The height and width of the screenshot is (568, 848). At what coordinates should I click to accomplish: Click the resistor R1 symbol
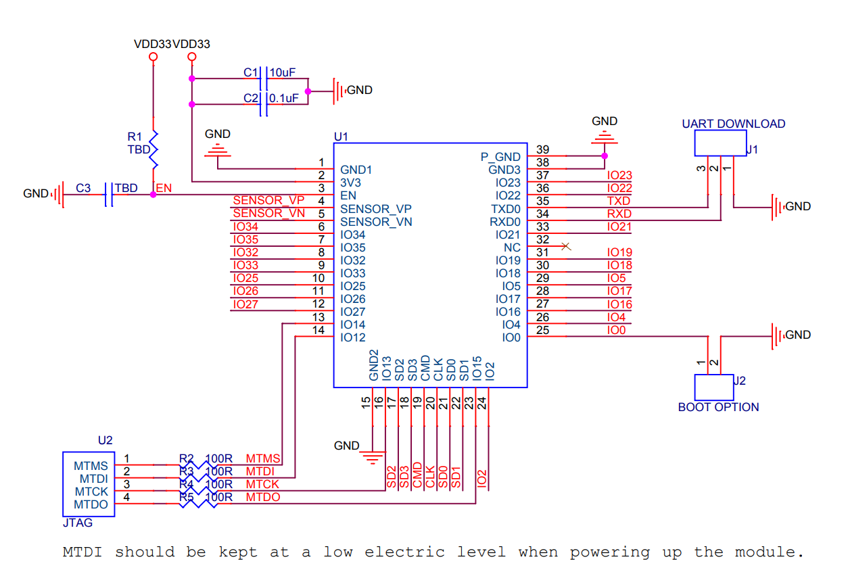click(x=154, y=149)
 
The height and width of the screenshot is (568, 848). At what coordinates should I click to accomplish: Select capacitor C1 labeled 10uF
click(x=264, y=78)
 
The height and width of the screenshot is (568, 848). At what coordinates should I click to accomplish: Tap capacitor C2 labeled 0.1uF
click(x=264, y=104)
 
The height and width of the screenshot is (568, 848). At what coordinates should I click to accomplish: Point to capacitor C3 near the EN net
click(x=108, y=195)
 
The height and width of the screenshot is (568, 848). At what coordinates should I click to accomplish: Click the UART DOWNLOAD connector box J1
click(x=720, y=143)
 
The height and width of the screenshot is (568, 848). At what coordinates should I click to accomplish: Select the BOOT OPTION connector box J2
click(x=714, y=387)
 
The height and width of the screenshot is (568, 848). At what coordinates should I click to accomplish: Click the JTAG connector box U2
click(x=89, y=484)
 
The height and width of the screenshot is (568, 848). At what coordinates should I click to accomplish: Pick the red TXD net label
click(x=618, y=202)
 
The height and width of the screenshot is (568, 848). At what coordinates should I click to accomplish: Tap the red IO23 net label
click(x=619, y=176)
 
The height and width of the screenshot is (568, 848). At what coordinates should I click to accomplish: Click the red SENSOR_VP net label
click(x=268, y=201)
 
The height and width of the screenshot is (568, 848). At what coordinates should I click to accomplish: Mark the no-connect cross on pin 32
click(x=567, y=247)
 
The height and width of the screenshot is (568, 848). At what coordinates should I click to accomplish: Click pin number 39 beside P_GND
click(x=542, y=149)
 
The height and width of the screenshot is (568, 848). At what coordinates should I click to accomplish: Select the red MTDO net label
click(x=262, y=498)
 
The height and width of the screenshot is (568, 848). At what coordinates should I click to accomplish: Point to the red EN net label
click(x=164, y=188)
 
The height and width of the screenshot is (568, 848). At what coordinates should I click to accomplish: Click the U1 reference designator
click(x=341, y=137)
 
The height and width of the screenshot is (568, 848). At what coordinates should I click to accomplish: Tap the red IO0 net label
click(x=616, y=330)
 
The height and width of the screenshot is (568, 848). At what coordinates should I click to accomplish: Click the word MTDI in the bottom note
click(x=82, y=552)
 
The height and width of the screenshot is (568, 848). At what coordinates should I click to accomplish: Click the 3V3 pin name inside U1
click(x=350, y=183)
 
